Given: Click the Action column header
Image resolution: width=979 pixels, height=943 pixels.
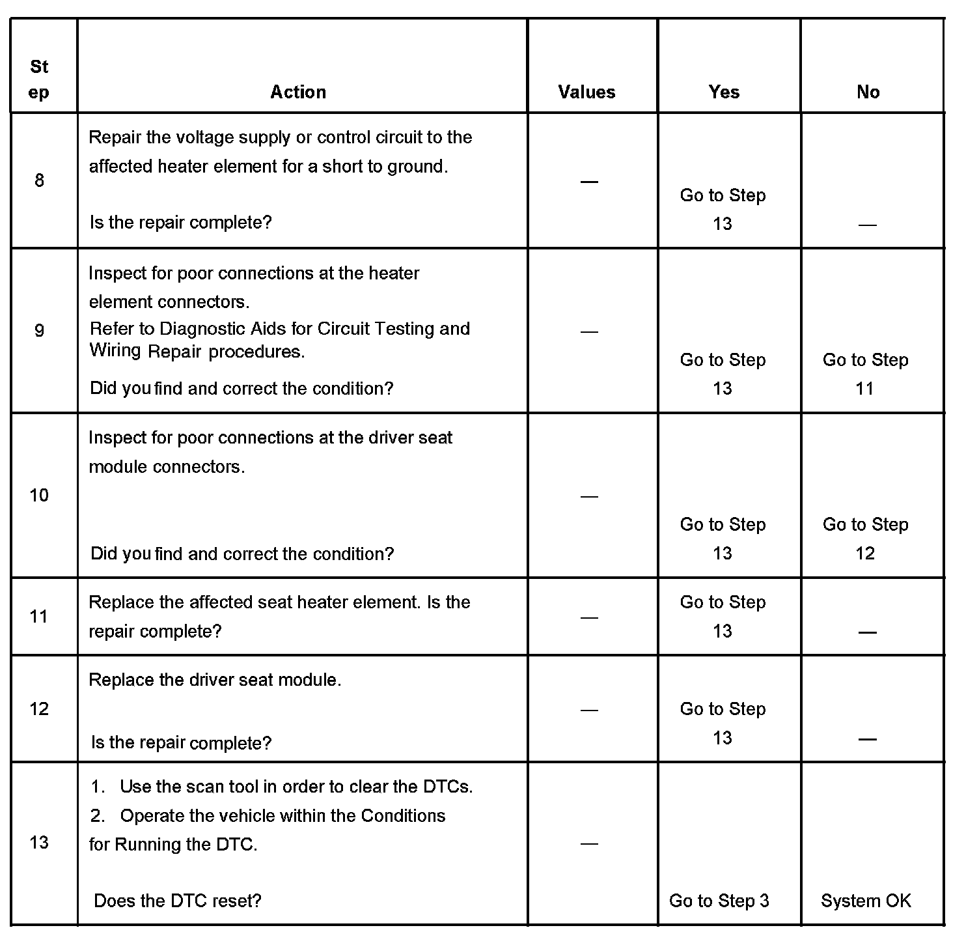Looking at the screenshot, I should point(298,92).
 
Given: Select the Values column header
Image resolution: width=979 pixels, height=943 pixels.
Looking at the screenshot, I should point(586,92).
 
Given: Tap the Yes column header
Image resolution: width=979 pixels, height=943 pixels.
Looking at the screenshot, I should point(724,92).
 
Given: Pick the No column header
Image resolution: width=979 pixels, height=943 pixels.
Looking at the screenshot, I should point(868,92).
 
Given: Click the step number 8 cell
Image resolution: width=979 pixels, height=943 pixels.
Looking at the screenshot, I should point(39,180).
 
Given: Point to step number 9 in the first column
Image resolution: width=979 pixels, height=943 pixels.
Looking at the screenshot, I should point(39,330).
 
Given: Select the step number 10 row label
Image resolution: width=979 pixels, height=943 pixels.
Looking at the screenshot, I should point(39,496).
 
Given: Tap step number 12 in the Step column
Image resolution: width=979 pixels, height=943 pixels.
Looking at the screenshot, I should point(39,709).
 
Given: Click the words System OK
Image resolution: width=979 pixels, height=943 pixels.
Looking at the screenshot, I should point(866,901).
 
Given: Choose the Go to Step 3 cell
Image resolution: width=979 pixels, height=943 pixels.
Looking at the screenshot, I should point(719,901).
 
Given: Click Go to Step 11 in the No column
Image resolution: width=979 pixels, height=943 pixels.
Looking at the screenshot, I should point(865,374).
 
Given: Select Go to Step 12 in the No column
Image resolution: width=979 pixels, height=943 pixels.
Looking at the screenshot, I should point(865,539).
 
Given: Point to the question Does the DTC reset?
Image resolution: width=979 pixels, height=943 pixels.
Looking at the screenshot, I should point(178,901).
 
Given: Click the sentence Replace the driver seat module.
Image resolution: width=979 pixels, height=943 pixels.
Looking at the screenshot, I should point(215,680).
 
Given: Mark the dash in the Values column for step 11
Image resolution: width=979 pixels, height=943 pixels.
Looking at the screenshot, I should point(588,617).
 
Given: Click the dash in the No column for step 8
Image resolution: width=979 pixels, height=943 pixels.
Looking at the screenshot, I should point(867,225).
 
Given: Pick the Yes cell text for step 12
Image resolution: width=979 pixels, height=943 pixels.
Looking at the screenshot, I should point(723,723).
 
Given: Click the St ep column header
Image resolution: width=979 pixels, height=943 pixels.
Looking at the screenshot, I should point(39,79).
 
